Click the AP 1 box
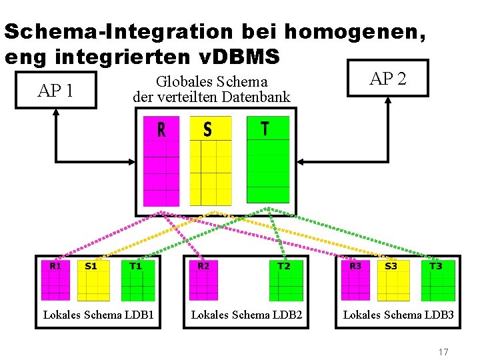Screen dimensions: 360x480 pyautogui.click(x=55, y=91)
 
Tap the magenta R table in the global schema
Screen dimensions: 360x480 pyautogui.click(x=161, y=161)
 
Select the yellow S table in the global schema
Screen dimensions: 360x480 pyautogui.click(x=211, y=161)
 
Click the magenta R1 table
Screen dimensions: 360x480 pyautogui.click(x=55, y=280)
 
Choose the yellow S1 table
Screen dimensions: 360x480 pyautogui.click(x=93, y=280)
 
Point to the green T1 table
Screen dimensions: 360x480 pyautogui.click(x=138, y=280)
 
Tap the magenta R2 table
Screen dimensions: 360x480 pyautogui.click(x=203, y=280)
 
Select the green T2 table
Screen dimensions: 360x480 pyautogui.click(x=286, y=280)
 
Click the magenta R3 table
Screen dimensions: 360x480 pyautogui.click(x=355, y=280)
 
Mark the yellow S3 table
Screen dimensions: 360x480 pyautogui.click(x=393, y=280)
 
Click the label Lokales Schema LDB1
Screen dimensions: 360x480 pyautogui.click(x=98, y=314)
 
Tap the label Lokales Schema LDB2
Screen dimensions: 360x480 pyautogui.click(x=247, y=314)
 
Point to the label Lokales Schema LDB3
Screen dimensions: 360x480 pyautogui.click(x=398, y=314)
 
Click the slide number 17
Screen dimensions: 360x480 pyautogui.click(x=443, y=351)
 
